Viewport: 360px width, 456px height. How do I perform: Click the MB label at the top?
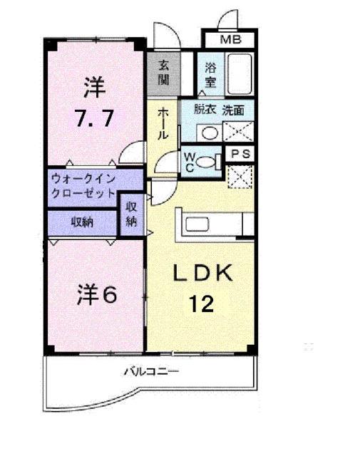pyautogui.click(x=230, y=39)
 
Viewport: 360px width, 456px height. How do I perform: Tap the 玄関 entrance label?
pyautogui.click(x=164, y=72)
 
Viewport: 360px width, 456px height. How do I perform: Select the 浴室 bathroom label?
pyautogui.click(x=210, y=75)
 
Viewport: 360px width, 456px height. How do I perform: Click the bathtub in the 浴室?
pyautogui.click(x=240, y=74)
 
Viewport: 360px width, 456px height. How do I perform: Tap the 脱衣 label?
pyautogui.click(x=206, y=110)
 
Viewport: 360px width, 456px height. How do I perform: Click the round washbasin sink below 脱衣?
pyautogui.click(x=210, y=133)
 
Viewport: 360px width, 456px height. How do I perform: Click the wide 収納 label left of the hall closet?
pyautogui.click(x=82, y=221)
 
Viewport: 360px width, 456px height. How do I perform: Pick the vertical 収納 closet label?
pyautogui.click(x=132, y=214)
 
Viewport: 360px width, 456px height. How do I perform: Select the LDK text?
pyautogui.click(x=201, y=274)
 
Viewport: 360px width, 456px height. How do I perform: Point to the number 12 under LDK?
pyautogui.click(x=201, y=305)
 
